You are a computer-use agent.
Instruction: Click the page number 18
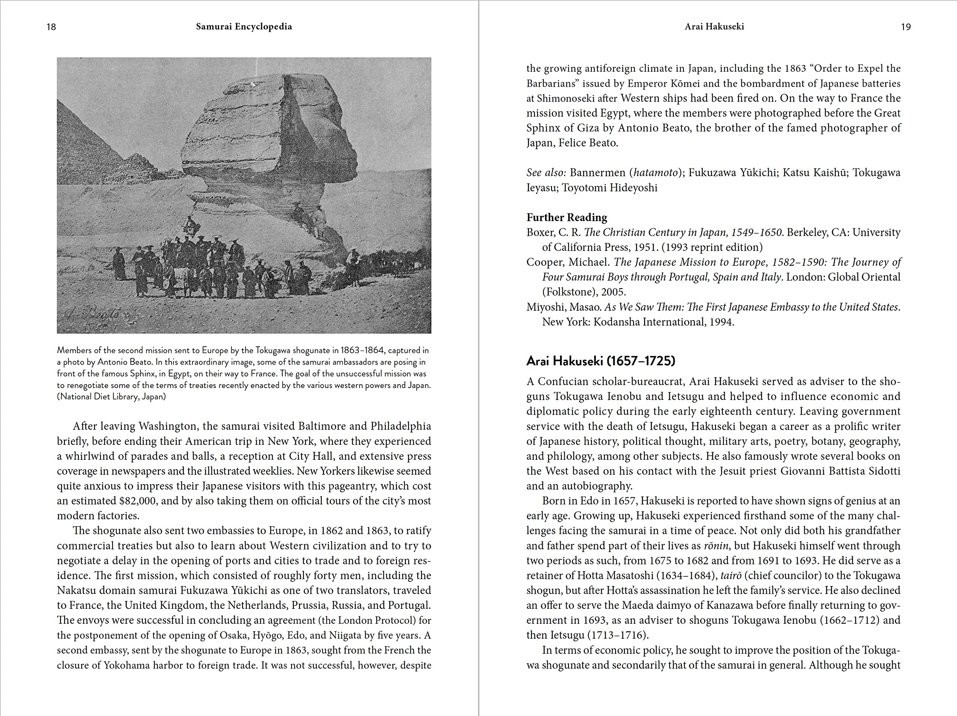tap(51, 27)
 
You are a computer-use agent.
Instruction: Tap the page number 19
tap(905, 27)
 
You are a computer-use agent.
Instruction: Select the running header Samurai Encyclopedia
tap(244, 27)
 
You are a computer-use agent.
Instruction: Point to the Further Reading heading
tap(566, 217)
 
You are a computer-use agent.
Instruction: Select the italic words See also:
tap(546, 173)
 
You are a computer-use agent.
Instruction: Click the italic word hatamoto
tap(654, 173)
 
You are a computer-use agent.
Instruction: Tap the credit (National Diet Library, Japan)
tap(111, 397)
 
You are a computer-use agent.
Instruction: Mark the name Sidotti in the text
tap(884, 471)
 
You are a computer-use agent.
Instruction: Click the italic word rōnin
tap(716, 546)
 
